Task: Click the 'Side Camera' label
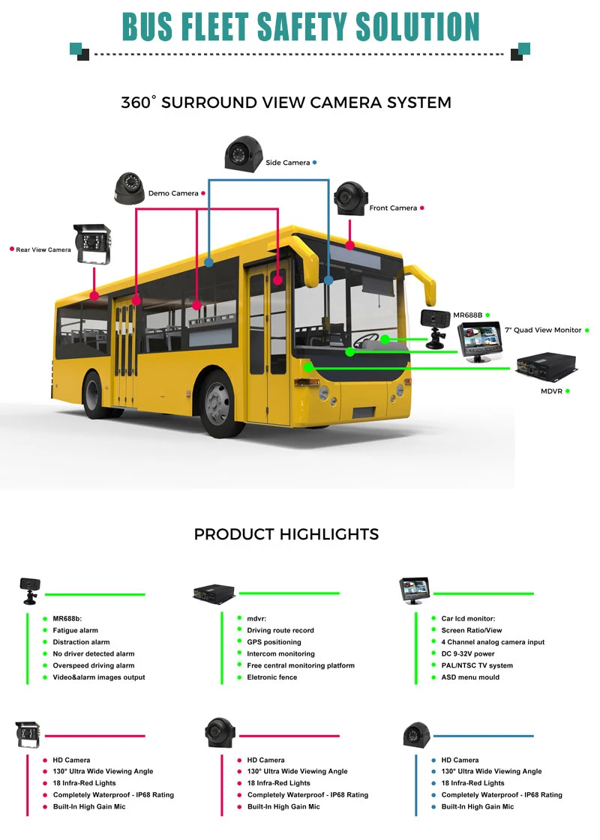click(x=287, y=163)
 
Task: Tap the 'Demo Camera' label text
click(x=173, y=193)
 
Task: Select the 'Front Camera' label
click(x=392, y=208)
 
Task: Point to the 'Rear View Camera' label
click(x=43, y=250)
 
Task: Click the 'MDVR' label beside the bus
click(x=551, y=391)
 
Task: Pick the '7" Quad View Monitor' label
click(x=543, y=330)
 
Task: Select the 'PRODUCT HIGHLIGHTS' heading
click(x=286, y=534)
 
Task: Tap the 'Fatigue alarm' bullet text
click(x=75, y=630)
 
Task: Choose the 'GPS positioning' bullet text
click(x=274, y=642)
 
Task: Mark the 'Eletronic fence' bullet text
click(x=271, y=677)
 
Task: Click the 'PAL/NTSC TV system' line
click(x=477, y=665)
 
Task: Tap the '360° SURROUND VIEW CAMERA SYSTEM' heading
click(x=286, y=103)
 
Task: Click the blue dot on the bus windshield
click(x=328, y=280)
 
